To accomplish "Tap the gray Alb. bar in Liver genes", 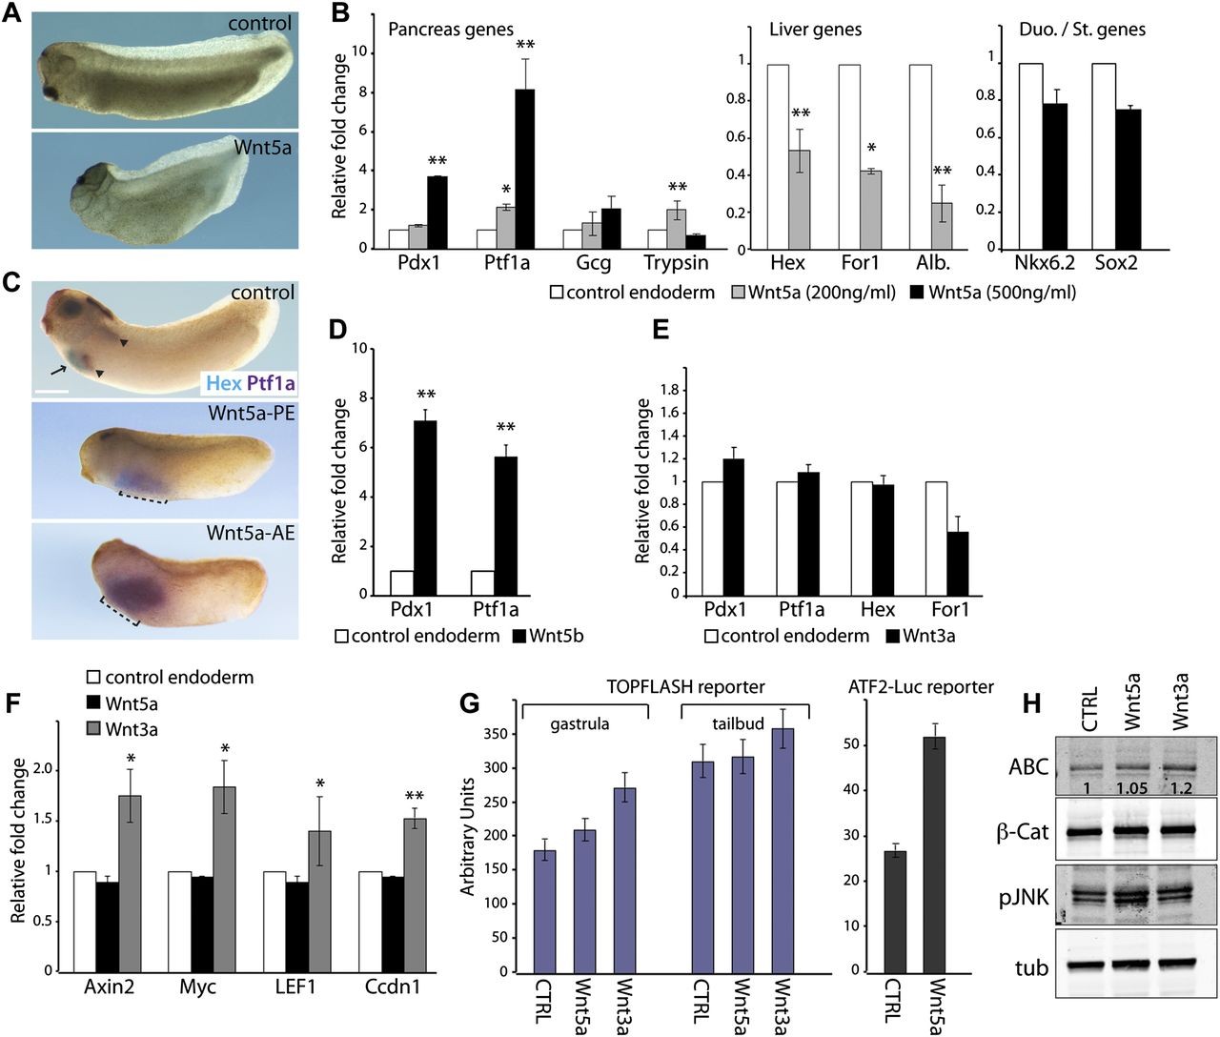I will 945,225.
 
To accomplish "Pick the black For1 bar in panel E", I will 956,563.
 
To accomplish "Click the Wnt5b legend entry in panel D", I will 548,635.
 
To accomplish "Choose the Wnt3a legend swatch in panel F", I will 93,729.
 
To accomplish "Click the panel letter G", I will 470,703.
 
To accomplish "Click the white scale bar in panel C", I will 52,391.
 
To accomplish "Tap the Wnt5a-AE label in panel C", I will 251,533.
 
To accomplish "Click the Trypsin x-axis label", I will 676,263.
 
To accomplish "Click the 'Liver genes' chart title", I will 815,30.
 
